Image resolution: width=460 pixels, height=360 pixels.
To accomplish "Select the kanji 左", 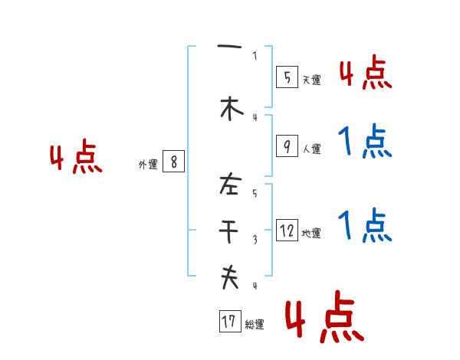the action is point(229,184).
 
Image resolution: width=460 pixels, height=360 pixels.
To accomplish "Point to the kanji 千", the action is point(229,230).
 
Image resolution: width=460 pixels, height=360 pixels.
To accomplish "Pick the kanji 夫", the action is point(229,277).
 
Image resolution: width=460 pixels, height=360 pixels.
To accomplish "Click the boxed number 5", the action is point(286,77).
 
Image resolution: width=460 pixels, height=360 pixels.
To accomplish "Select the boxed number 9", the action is point(286,146).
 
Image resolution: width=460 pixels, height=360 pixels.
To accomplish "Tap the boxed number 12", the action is point(287,231).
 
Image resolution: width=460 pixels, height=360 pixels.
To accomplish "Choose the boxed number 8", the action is point(174,162).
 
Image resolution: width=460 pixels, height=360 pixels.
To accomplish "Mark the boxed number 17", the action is point(229,322).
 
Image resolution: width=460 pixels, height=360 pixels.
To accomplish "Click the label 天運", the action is point(311,80).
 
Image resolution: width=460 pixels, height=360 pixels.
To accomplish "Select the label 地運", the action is point(311,234).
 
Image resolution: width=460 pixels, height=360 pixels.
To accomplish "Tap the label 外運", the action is point(147,165).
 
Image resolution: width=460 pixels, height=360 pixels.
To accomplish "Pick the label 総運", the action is point(255,325).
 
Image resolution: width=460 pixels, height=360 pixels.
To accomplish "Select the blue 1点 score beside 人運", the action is point(364,142).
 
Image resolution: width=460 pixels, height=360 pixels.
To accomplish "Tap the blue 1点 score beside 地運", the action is point(364,226).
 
